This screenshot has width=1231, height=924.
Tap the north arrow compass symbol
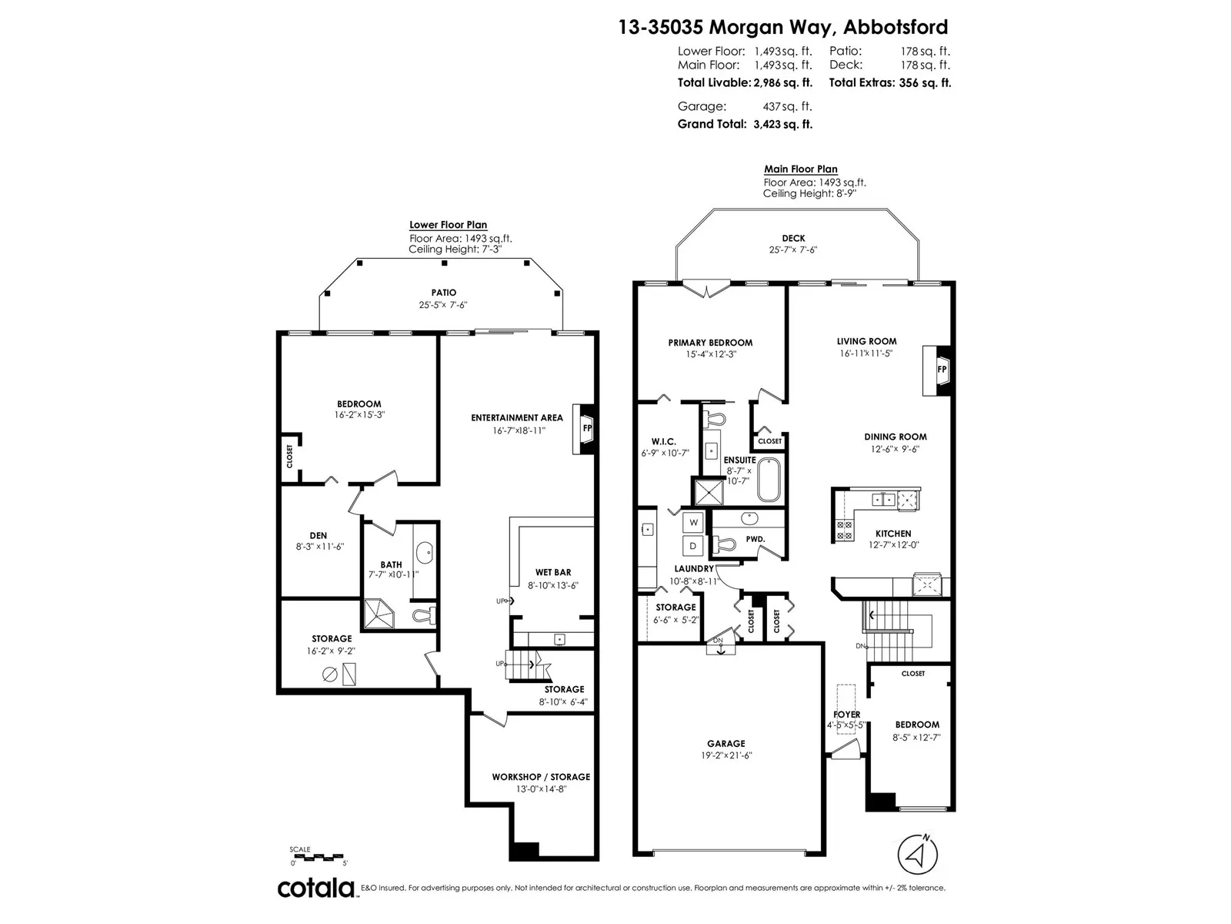(918, 855)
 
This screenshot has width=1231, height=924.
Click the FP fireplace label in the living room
(942, 369)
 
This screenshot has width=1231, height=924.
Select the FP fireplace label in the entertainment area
(587, 428)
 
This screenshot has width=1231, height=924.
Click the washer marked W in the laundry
(693, 522)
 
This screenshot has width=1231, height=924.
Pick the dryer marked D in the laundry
(693, 545)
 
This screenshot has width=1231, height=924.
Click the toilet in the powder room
(724, 544)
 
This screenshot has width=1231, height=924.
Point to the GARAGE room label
(726, 743)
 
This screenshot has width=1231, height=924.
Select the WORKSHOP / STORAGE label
(541, 777)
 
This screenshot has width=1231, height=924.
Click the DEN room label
(318, 536)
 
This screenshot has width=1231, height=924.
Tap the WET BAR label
(553, 572)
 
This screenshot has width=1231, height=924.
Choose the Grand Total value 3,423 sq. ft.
(783, 125)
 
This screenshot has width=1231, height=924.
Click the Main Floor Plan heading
(800, 169)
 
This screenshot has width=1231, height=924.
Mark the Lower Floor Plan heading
(448, 224)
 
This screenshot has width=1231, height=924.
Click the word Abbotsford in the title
(896, 27)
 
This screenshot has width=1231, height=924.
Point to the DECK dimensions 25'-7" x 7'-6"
(793, 250)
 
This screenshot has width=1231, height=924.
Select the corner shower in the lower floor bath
(379, 614)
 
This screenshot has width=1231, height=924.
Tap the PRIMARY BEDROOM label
(710, 343)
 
